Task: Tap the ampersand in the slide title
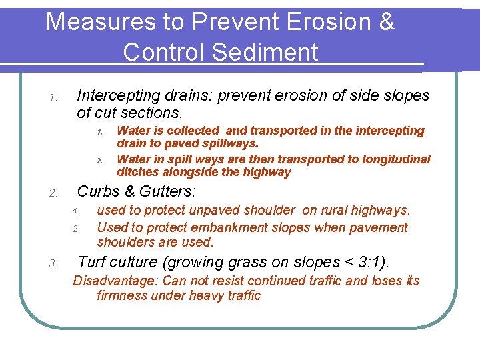coord(386,22)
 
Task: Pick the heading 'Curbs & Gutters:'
coord(137,192)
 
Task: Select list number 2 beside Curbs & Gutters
coord(54,194)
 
